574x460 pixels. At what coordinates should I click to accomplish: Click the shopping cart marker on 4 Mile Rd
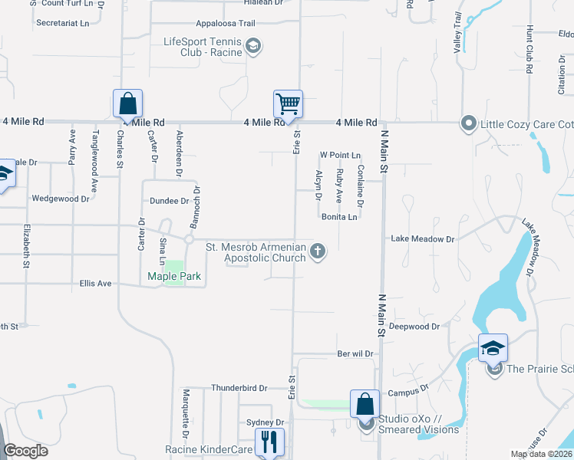pyautogui.click(x=288, y=103)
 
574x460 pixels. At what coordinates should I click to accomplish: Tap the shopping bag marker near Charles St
pyautogui.click(x=127, y=103)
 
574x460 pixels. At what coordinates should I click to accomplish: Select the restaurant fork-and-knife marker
pyautogui.click(x=269, y=442)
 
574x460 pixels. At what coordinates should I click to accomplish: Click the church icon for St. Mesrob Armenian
pyautogui.click(x=316, y=251)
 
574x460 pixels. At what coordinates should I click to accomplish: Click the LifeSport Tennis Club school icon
pyautogui.click(x=252, y=48)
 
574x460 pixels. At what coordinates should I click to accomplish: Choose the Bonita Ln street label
pyautogui.click(x=339, y=217)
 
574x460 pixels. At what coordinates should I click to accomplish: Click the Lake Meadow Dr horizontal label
pyautogui.click(x=423, y=239)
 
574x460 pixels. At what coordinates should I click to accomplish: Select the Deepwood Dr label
pyautogui.click(x=414, y=326)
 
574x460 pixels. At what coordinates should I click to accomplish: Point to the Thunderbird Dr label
pyautogui.click(x=239, y=388)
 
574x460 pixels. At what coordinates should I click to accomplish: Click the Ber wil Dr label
pyautogui.click(x=355, y=354)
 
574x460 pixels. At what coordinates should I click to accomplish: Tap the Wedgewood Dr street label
pyautogui.click(x=60, y=199)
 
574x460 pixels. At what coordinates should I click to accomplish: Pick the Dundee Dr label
pyautogui.click(x=168, y=201)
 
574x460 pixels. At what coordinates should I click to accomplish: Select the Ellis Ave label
pyautogui.click(x=96, y=284)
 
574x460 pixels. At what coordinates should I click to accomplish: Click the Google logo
pyautogui.click(x=25, y=451)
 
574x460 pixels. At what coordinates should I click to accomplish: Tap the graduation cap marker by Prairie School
pyautogui.click(x=493, y=348)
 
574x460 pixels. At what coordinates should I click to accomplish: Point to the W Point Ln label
pyautogui.click(x=340, y=155)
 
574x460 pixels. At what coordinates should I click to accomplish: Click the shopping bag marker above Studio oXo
pyautogui.click(x=365, y=404)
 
